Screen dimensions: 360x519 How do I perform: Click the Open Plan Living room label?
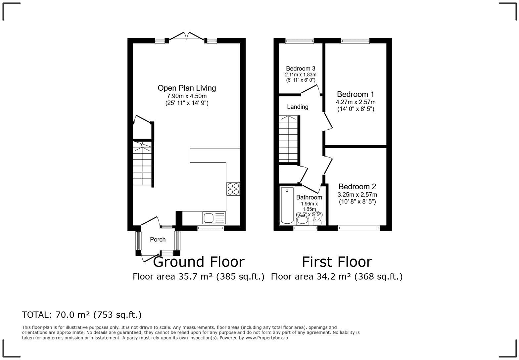(x=187, y=88)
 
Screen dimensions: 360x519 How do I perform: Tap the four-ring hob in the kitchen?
(x=233, y=189)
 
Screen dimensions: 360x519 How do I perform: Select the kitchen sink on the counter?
(x=209, y=218)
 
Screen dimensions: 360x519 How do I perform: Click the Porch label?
(x=158, y=240)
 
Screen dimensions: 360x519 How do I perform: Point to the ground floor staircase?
(x=142, y=164)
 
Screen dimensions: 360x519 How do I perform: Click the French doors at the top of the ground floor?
(x=187, y=37)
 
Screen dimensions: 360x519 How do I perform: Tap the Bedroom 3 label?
(x=301, y=68)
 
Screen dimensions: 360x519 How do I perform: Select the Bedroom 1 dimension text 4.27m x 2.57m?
(x=356, y=102)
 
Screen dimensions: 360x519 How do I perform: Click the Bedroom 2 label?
(x=357, y=187)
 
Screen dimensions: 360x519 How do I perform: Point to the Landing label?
(x=298, y=107)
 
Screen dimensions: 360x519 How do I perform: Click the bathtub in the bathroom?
(x=287, y=205)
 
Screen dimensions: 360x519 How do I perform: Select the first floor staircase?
(x=289, y=139)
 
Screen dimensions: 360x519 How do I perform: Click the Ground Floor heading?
(x=199, y=262)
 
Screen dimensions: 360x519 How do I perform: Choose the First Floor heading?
(x=337, y=262)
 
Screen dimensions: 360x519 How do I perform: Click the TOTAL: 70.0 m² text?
(x=82, y=315)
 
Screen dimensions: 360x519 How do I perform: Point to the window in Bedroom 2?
(x=358, y=228)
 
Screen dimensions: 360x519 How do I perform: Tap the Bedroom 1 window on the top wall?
(x=355, y=41)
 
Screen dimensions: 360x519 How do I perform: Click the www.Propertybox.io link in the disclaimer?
(x=266, y=338)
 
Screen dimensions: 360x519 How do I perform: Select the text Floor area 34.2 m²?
(x=311, y=276)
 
